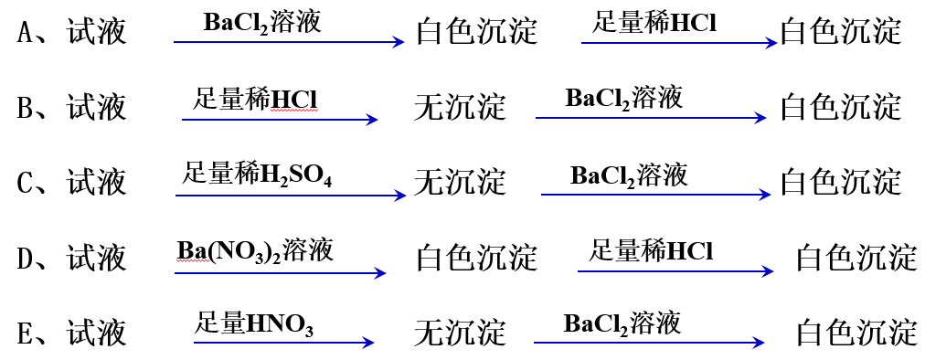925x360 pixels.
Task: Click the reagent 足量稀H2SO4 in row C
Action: [x=258, y=173]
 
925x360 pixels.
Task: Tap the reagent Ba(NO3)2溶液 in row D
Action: [x=255, y=249]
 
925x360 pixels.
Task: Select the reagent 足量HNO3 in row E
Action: [x=254, y=323]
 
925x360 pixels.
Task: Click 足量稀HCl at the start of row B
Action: [x=255, y=98]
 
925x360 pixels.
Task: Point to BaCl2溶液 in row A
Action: [x=262, y=23]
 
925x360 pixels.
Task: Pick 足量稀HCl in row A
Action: [x=654, y=23]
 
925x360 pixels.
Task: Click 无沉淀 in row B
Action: [x=459, y=108]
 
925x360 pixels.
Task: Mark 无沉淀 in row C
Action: [x=459, y=183]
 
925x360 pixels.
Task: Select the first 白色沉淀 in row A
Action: [x=476, y=34]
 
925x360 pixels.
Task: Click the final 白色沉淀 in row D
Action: [x=856, y=259]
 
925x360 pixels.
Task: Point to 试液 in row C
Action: [x=97, y=183]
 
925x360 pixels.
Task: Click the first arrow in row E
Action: [x=283, y=343]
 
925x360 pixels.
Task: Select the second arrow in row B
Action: [x=651, y=118]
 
